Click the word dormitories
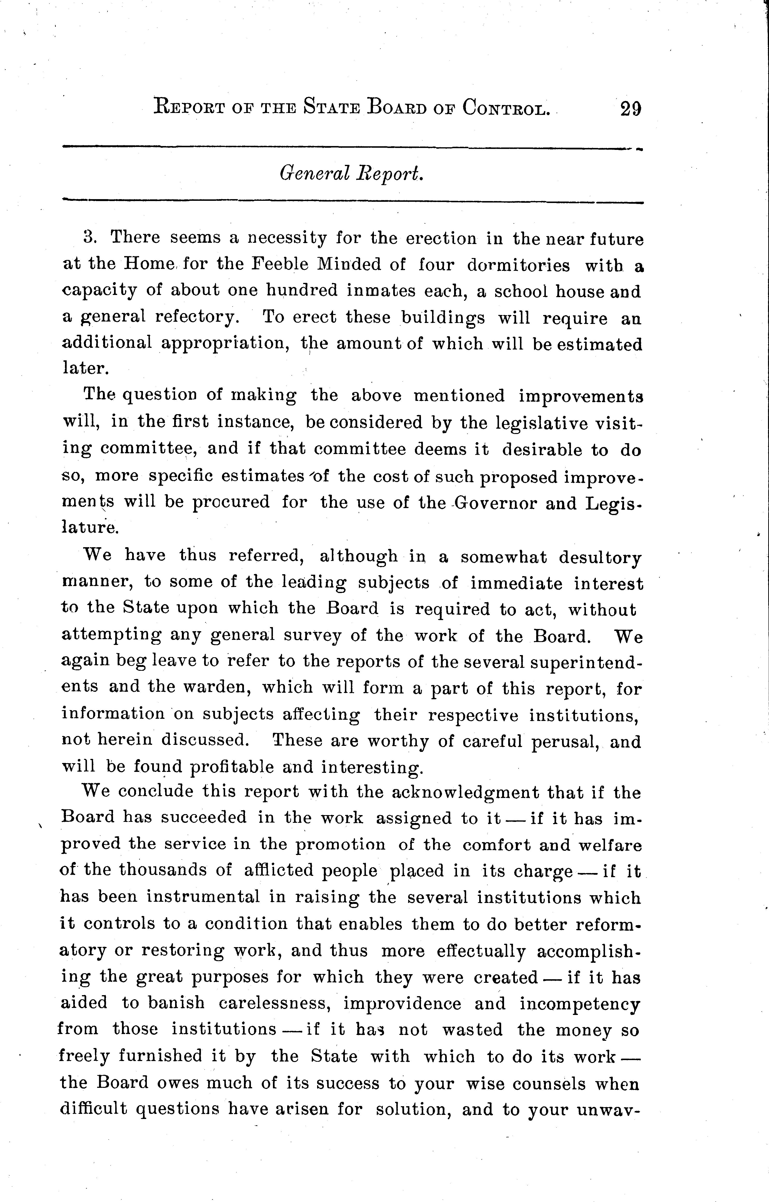[x=518, y=265]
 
